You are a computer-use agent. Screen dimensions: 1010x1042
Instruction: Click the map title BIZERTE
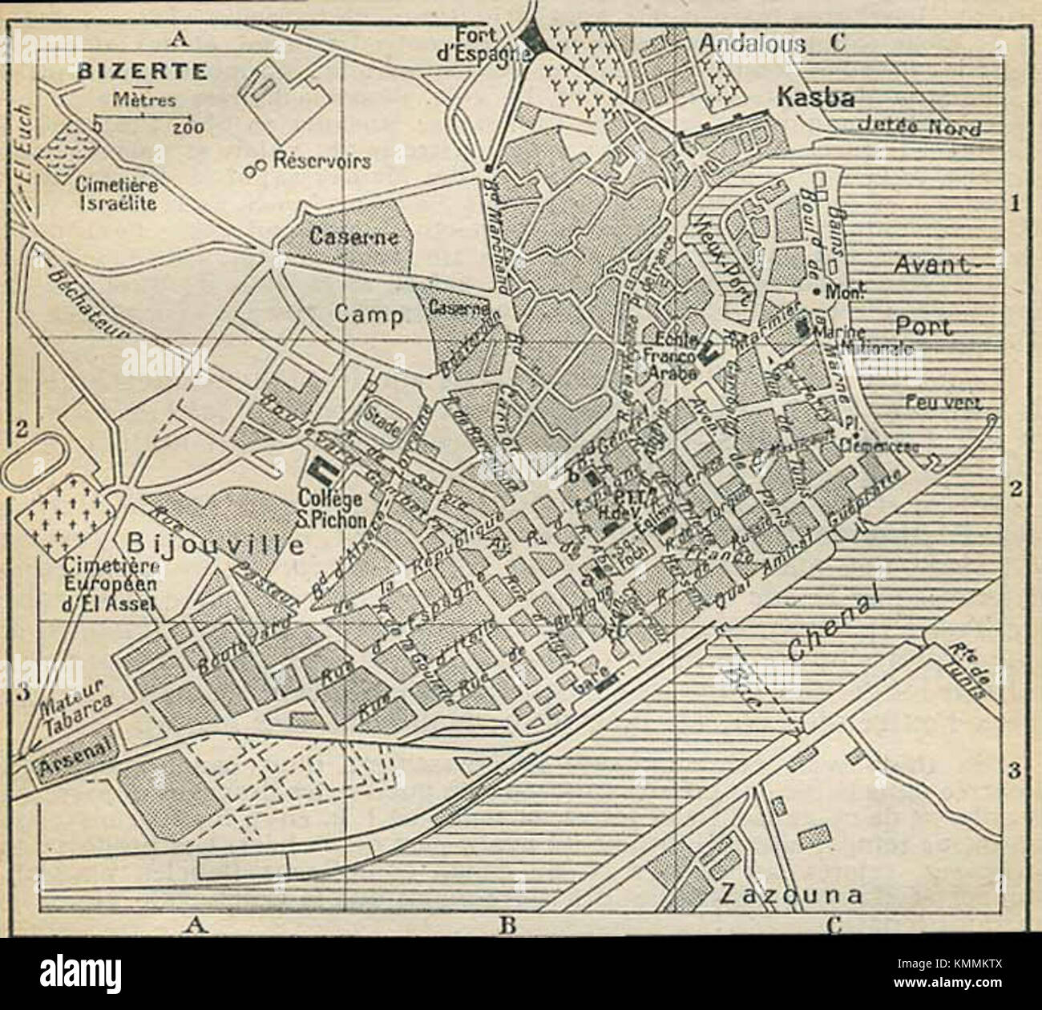tap(143, 70)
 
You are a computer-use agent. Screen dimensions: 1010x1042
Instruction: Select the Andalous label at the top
tap(752, 44)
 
